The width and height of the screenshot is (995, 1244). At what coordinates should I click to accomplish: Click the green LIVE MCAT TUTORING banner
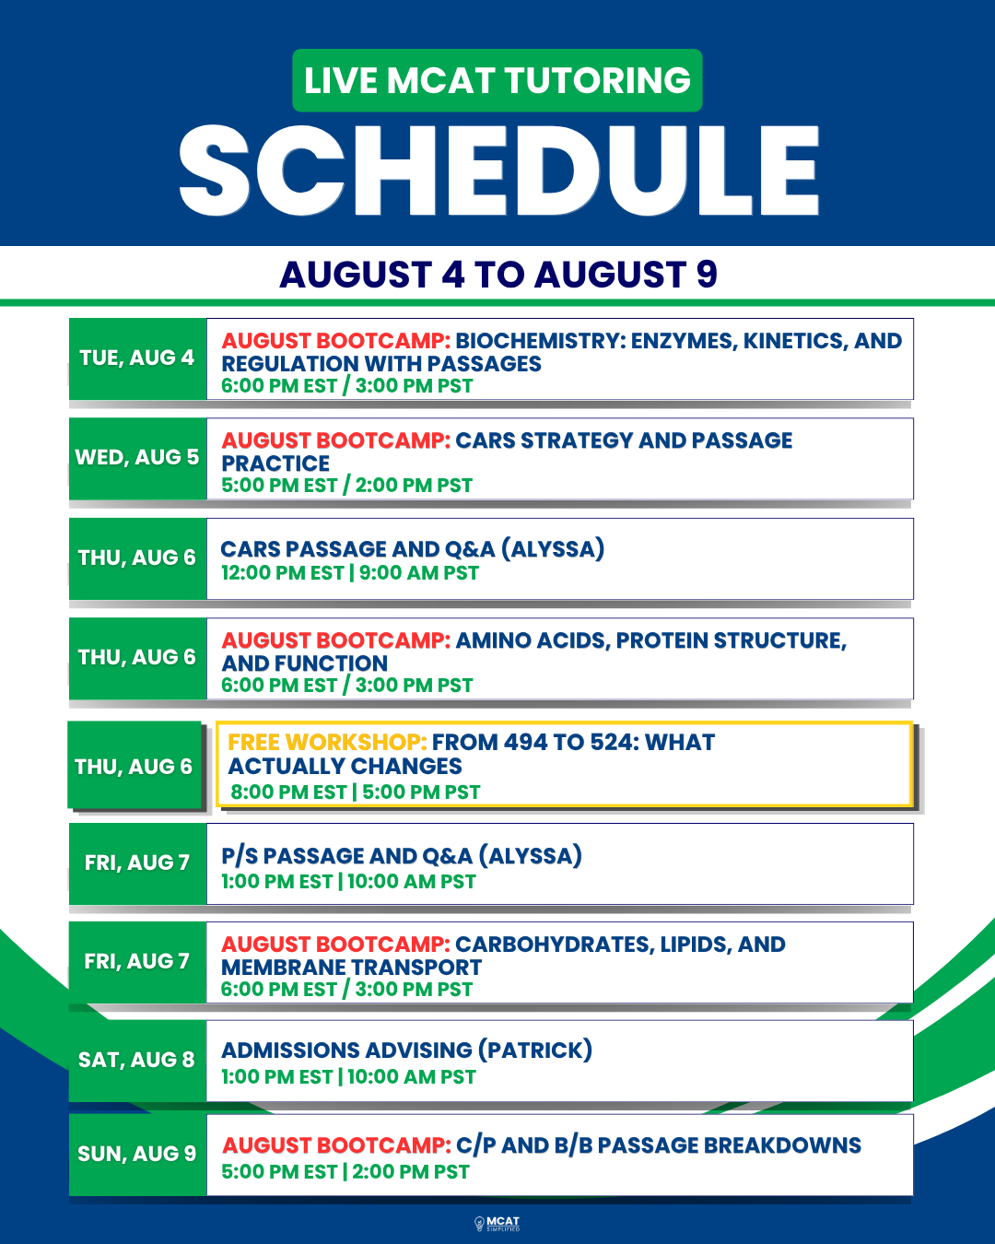click(497, 80)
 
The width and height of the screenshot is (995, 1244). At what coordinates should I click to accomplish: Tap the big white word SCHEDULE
click(499, 170)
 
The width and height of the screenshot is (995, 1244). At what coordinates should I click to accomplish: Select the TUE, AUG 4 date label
click(137, 358)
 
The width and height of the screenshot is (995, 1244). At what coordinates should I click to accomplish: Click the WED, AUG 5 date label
click(137, 457)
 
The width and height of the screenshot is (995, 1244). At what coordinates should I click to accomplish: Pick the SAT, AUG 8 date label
click(136, 1060)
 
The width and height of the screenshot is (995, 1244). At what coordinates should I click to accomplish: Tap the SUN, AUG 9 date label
click(136, 1154)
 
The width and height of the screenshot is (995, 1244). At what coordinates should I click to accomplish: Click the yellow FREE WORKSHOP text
click(327, 742)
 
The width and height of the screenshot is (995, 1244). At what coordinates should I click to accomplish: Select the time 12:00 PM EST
click(283, 573)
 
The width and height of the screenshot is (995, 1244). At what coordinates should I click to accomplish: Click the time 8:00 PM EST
click(288, 792)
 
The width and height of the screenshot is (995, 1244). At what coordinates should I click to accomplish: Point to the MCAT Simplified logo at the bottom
click(497, 1224)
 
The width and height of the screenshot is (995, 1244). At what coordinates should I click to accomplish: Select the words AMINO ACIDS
click(533, 640)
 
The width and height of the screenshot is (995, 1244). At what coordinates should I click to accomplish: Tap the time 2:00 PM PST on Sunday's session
click(411, 1172)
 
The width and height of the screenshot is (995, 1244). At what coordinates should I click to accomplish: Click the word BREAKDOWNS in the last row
click(786, 1145)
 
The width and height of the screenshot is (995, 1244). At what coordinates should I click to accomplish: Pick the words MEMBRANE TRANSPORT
click(351, 968)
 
